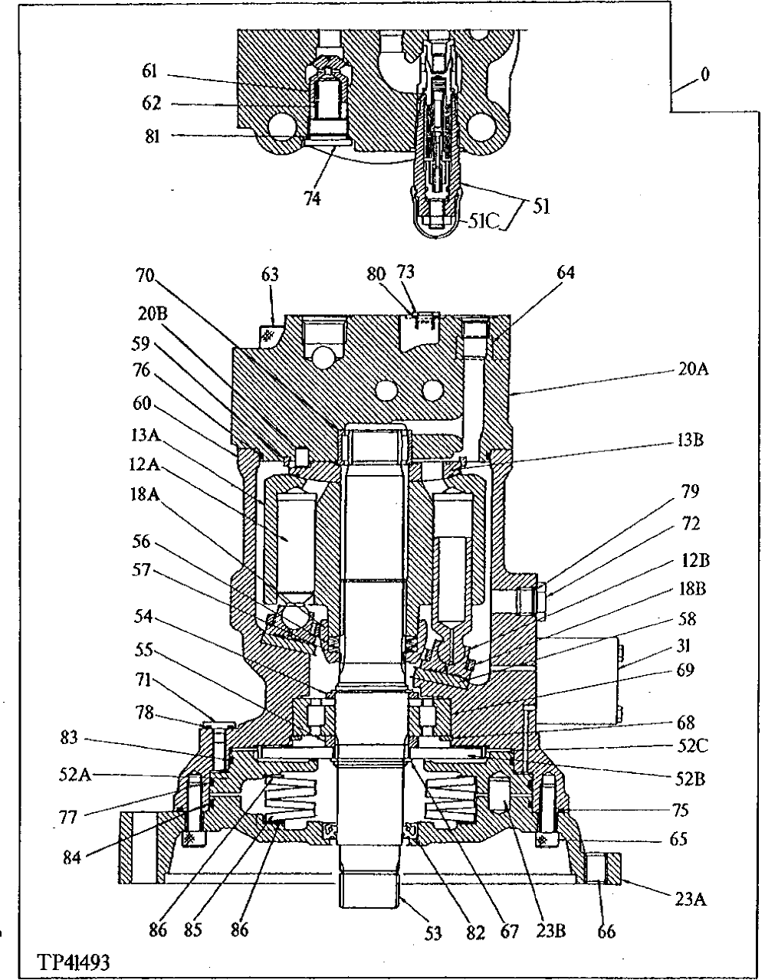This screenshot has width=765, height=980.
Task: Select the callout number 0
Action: click(x=704, y=74)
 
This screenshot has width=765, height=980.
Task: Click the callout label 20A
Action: click(x=694, y=369)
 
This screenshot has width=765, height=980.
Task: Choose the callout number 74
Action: click(x=312, y=198)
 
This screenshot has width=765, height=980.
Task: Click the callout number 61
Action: click(x=149, y=72)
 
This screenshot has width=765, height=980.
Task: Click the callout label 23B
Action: click(x=550, y=932)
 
